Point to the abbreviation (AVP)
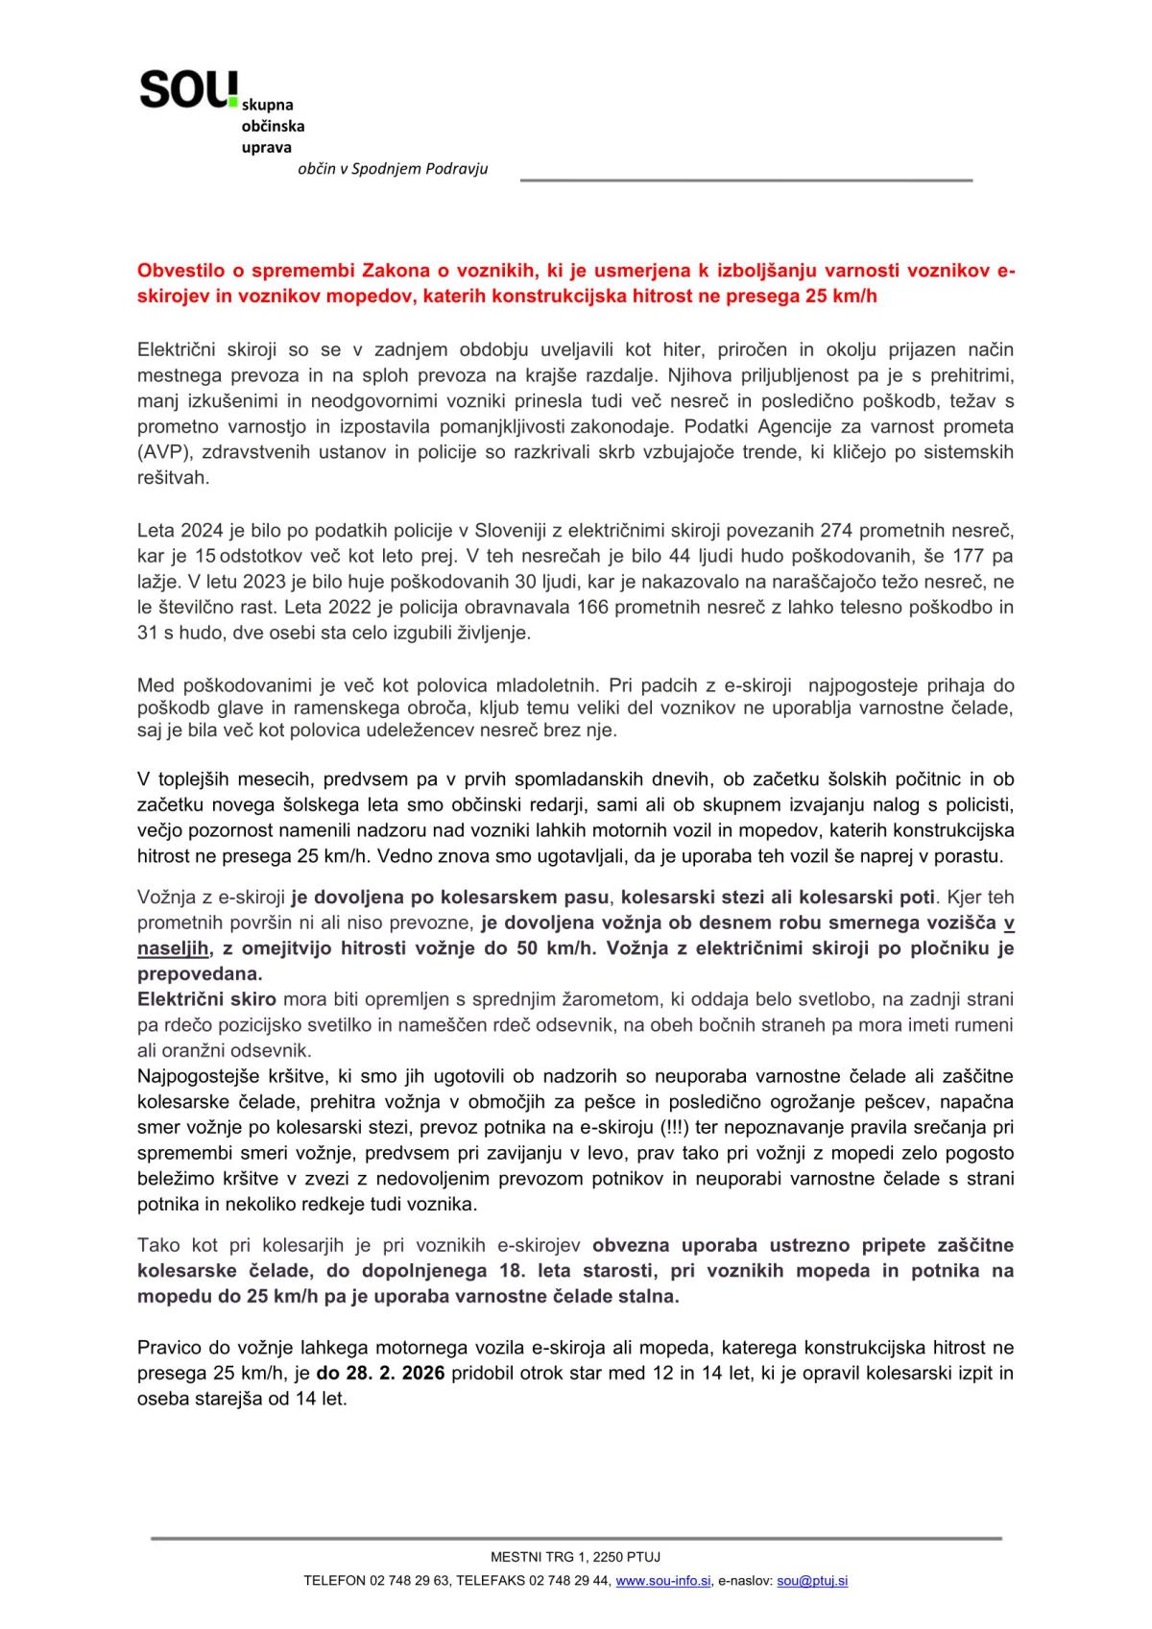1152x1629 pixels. (166, 451)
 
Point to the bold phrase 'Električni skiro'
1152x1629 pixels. (206, 999)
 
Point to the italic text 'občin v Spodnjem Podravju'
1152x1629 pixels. (393, 169)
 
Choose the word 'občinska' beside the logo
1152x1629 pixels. (273, 126)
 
